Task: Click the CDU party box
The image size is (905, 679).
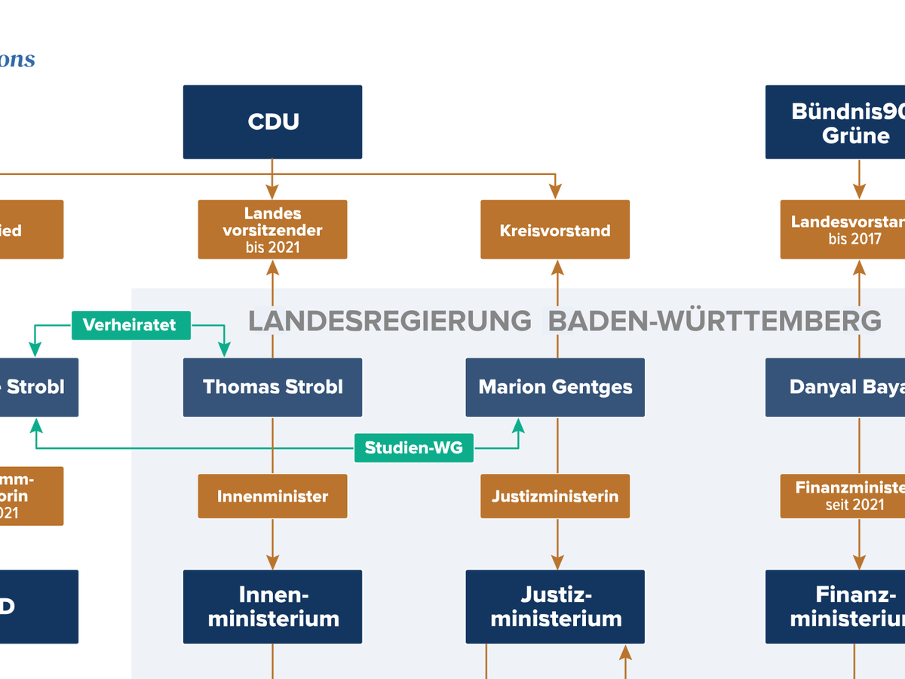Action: [272, 122]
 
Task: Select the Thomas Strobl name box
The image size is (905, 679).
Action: [272, 387]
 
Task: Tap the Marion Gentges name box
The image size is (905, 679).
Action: [555, 387]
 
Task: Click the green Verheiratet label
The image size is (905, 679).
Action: [130, 325]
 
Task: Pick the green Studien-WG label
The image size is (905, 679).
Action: [413, 448]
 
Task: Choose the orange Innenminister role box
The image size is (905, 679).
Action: [272, 496]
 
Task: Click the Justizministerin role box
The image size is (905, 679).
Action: [555, 496]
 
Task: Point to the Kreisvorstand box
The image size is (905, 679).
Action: [555, 230]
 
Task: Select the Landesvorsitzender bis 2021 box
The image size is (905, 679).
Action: [272, 229]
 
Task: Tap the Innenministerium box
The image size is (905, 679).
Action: [272, 607]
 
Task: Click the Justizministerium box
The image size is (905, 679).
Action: [555, 607]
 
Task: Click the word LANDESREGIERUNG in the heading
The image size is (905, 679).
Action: [390, 321]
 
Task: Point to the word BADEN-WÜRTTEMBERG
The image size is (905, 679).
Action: [714, 321]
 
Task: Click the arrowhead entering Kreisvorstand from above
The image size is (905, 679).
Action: [556, 192]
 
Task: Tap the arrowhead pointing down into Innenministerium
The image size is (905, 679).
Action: [272, 562]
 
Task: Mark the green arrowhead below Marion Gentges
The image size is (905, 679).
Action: [518, 425]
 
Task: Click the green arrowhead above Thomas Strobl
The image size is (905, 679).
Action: [224, 349]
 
